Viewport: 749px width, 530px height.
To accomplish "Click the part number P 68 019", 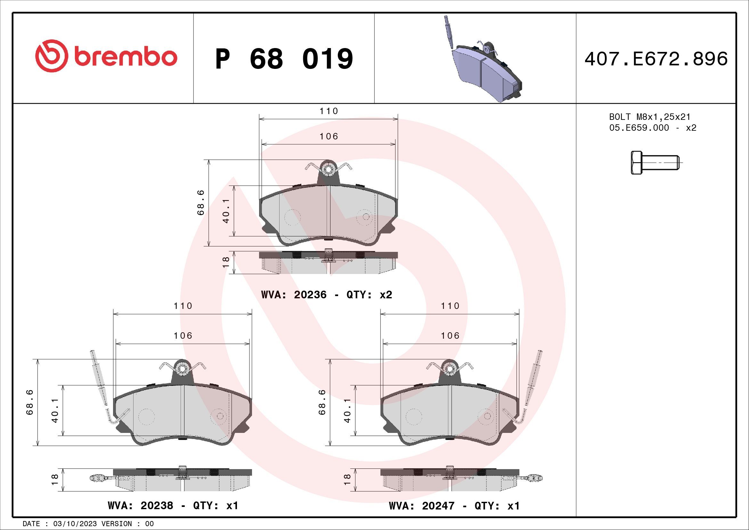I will (x=284, y=59).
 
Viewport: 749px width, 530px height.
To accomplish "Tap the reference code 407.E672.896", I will (x=656, y=59).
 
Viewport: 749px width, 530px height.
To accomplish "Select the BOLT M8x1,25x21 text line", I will (x=649, y=117).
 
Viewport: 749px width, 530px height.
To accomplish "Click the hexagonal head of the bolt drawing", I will (x=637, y=162).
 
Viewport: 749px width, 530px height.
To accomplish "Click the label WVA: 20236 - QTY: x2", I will (x=327, y=295).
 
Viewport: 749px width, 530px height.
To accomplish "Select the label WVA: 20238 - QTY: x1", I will (x=173, y=506).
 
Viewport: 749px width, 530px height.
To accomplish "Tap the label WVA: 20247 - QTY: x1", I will (x=454, y=506).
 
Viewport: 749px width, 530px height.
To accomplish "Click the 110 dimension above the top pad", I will (x=329, y=111).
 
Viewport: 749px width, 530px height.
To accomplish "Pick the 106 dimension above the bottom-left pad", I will (x=183, y=335).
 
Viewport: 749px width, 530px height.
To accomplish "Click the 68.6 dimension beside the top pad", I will (x=201, y=202).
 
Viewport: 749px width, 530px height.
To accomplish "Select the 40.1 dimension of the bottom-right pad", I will (x=347, y=410).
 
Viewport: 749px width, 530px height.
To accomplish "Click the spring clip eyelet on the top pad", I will (x=328, y=170).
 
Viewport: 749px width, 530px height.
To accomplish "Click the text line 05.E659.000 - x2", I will (x=652, y=128).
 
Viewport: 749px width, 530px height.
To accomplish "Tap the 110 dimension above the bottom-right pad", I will (x=450, y=306).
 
